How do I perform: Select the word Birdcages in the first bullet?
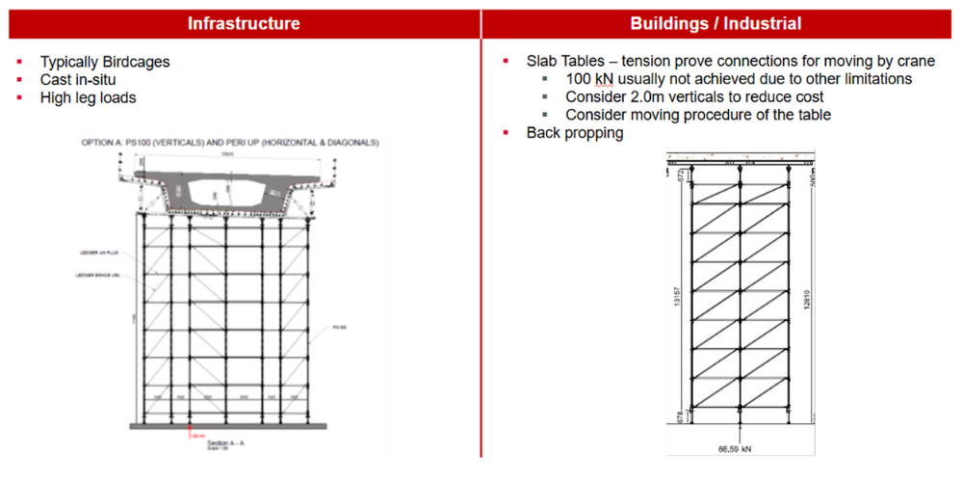[137, 62]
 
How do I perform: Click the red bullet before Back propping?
[507, 133]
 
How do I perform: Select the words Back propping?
[575, 133]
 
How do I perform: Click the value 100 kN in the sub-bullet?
[591, 79]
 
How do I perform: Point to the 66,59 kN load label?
[739, 449]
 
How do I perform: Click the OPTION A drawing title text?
[229, 143]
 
